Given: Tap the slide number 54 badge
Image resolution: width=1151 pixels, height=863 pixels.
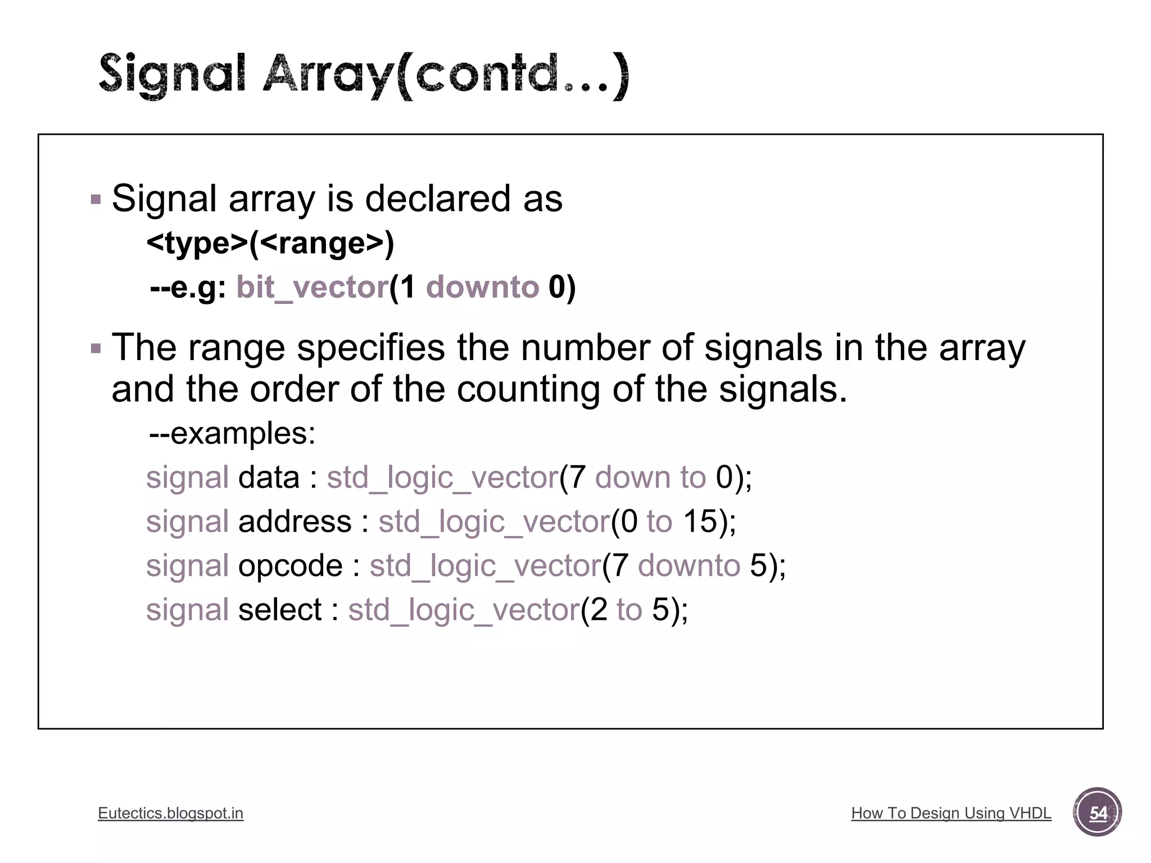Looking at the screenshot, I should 1097,812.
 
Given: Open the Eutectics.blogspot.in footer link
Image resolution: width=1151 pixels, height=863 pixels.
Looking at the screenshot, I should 170,813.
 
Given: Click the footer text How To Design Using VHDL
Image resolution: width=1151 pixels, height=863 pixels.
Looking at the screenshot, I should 951,813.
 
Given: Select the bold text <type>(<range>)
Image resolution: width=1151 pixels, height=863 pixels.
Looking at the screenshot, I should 270,243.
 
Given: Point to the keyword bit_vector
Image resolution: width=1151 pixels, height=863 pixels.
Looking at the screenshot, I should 312,287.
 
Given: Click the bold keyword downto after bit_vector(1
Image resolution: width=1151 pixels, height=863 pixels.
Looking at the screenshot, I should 482,287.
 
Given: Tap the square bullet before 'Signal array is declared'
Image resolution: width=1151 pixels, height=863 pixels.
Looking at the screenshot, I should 96,199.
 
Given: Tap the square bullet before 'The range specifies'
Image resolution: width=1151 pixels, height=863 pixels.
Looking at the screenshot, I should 96,348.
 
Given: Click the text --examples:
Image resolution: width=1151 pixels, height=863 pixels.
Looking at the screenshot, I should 232,433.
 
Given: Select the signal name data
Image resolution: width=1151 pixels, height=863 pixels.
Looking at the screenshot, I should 269,478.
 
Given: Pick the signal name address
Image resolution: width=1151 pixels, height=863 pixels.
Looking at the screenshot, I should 294,521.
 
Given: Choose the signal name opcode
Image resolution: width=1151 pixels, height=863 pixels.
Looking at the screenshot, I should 290,565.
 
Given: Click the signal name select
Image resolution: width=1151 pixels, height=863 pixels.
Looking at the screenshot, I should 280,610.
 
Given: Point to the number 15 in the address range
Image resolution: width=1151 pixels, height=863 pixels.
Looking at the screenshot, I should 700,521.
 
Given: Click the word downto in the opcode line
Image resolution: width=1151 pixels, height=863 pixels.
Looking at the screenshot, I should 689,565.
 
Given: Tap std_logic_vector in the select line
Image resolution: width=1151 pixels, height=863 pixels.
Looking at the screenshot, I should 464,610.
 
